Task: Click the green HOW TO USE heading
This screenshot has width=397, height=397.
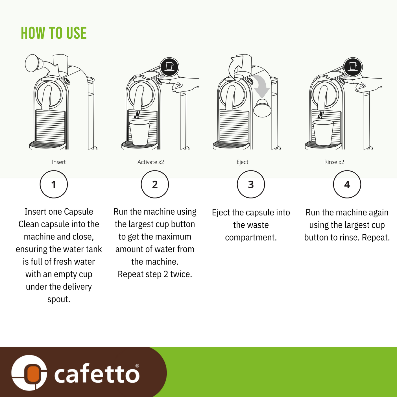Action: pyautogui.click(x=54, y=33)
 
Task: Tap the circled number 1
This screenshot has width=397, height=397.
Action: pyautogui.click(x=54, y=184)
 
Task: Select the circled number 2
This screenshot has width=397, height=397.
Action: pyautogui.click(x=155, y=184)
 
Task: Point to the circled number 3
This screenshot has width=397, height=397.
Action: pyautogui.click(x=251, y=184)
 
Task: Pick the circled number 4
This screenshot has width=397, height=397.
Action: pyautogui.click(x=347, y=184)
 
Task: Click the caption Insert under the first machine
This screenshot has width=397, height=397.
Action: pyautogui.click(x=59, y=162)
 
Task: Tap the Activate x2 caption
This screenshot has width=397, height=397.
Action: pyautogui.click(x=150, y=162)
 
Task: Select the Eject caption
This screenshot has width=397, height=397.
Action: pyautogui.click(x=242, y=162)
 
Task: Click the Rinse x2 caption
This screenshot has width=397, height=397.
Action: pyautogui.click(x=334, y=162)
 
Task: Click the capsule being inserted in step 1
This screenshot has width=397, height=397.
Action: pyautogui.click(x=33, y=63)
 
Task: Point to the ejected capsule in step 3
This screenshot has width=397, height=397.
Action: pyautogui.click(x=262, y=108)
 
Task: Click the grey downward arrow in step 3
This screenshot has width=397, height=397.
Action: pyautogui.click(x=261, y=86)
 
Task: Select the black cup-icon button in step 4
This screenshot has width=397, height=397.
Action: pyautogui.click(x=353, y=67)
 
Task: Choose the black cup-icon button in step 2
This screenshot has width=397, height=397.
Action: pyautogui.click(x=169, y=67)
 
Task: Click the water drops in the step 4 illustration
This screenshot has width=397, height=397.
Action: pyautogui.click(x=320, y=115)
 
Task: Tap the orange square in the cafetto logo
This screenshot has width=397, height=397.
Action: pyautogui.click(x=33, y=374)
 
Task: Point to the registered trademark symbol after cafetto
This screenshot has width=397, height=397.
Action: pyautogui.click(x=137, y=366)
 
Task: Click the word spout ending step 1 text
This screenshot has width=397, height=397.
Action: pyautogui.click(x=59, y=299)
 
